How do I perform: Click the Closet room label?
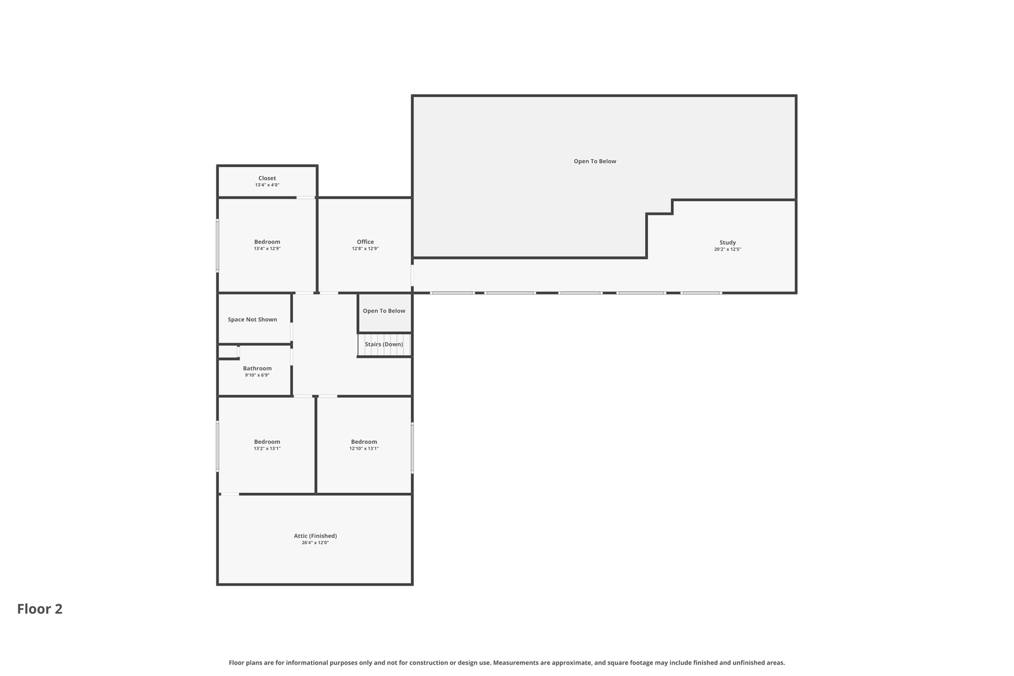pos(267,178)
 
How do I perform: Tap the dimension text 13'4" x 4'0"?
pos(267,185)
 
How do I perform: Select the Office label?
pos(365,242)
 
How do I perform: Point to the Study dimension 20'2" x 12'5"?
pos(727,250)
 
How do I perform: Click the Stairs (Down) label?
pos(384,345)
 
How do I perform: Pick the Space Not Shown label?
pos(252,320)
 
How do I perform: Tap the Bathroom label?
pos(257,368)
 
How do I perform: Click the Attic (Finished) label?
pos(315,536)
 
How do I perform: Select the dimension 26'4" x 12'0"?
pos(315,543)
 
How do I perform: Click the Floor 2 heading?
pos(40,609)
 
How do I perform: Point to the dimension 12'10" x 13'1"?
pos(363,449)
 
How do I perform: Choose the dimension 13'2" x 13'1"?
pos(267,449)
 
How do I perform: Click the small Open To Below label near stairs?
pos(384,311)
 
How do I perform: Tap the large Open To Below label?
pos(595,161)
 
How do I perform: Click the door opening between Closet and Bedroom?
pos(305,198)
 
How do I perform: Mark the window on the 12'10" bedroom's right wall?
pos(412,448)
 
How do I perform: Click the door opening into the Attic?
pos(230,494)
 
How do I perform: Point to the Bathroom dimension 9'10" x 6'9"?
pos(257,375)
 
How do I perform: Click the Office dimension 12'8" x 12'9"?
pos(365,249)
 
